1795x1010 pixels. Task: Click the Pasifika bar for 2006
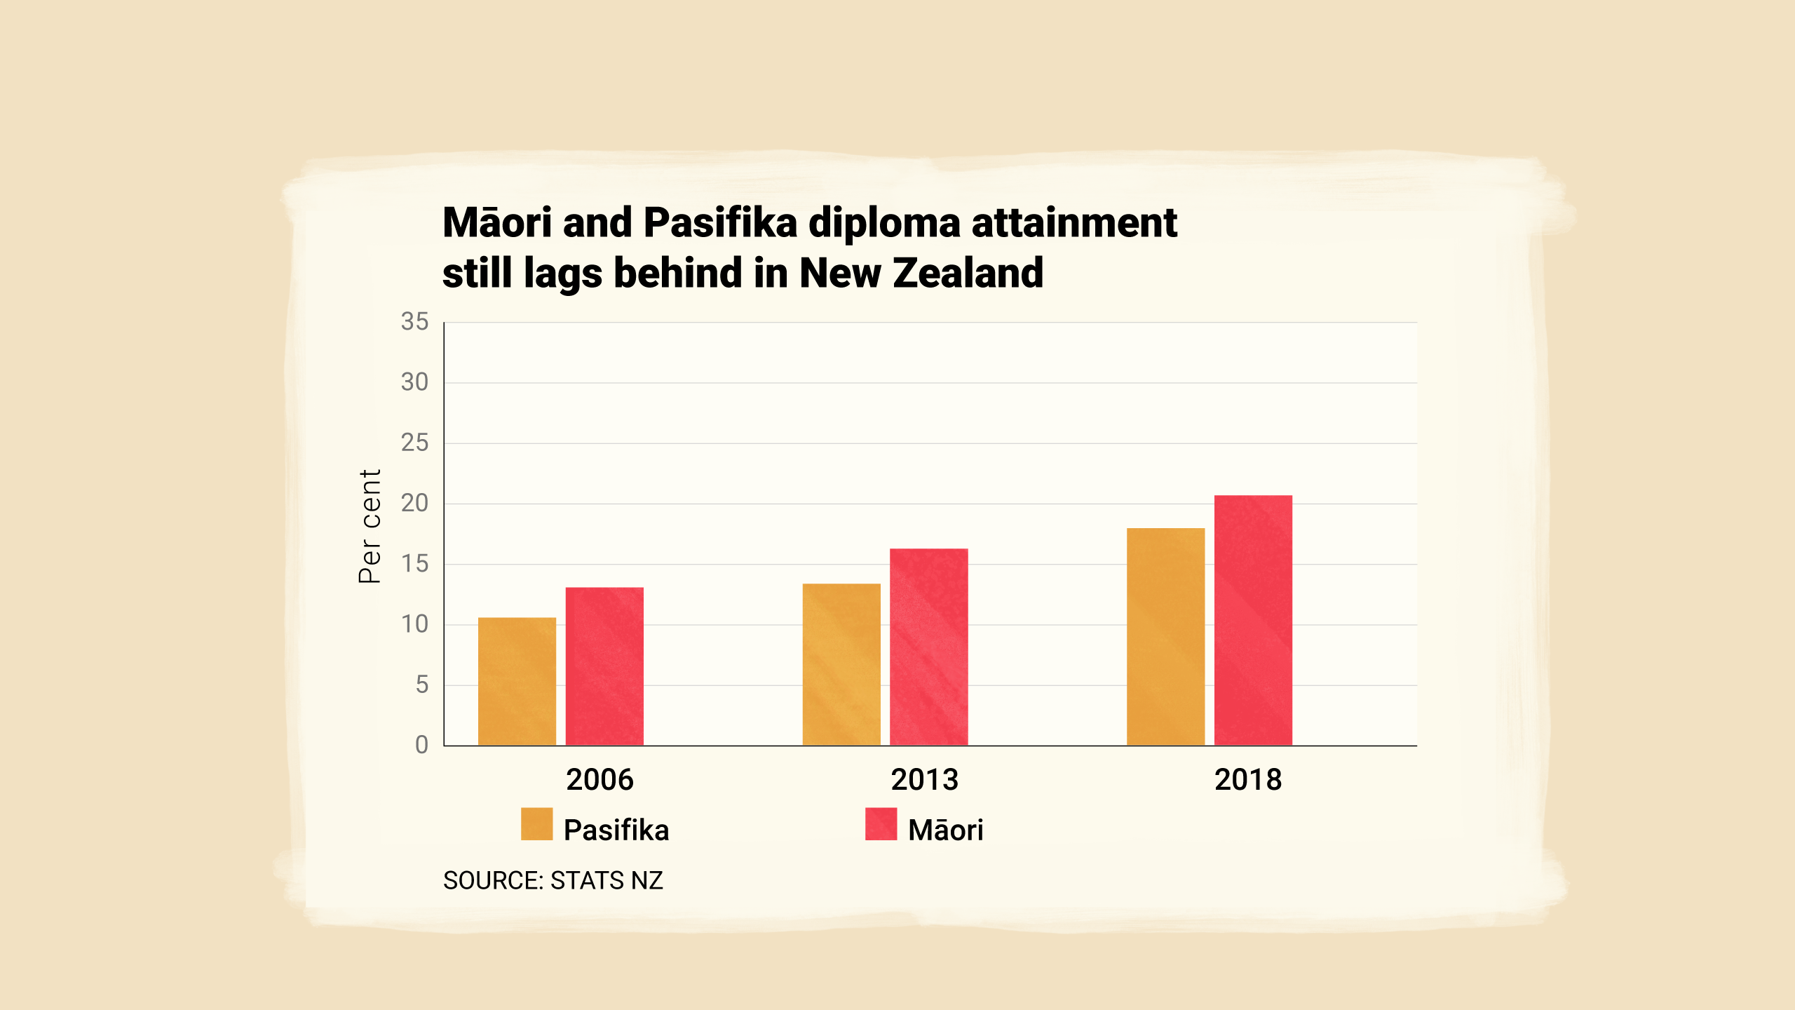pyautogui.click(x=517, y=681)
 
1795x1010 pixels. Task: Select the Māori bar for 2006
pyautogui.click(x=604, y=666)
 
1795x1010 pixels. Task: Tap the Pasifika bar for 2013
pyautogui.click(x=841, y=664)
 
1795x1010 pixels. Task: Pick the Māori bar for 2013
pyautogui.click(x=929, y=647)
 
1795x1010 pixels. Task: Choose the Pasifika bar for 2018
pyautogui.click(x=1166, y=636)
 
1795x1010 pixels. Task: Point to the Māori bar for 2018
pyautogui.click(x=1253, y=620)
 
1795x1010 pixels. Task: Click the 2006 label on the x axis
pyautogui.click(x=600, y=780)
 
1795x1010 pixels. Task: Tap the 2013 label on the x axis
pyautogui.click(x=924, y=780)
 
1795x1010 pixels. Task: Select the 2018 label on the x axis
pyautogui.click(x=1248, y=780)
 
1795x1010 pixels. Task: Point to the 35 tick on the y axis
pyautogui.click(x=414, y=322)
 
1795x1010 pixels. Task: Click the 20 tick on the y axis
pyautogui.click(x=414, y=503)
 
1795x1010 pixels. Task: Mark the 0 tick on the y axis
pyautogui.click(x=421, y=745)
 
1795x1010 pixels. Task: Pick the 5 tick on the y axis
pyautogui.click(x=421, y=685)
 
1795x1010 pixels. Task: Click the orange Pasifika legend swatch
pyautogui.click(x=537, y=824)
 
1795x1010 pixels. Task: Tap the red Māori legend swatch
pyautogui.click(x=881, y=824)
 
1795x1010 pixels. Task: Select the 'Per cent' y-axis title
pyautogui.click(x=370, y=526)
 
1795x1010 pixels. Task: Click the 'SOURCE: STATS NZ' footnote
pyautogui.click(x=553, y=880)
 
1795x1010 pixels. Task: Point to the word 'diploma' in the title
pyautogui.click(x=884, y=224)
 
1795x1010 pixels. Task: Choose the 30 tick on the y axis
pyautogui.click(x=414, y=382)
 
